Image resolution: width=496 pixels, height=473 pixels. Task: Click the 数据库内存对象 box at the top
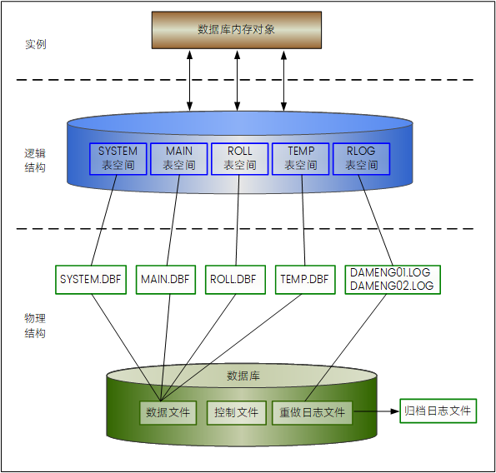click(236, 30)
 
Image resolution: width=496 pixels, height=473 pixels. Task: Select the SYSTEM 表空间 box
click(118, 158)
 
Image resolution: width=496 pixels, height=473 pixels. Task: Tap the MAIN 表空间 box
click(178, 158)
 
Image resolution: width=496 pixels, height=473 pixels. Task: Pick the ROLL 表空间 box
click(239, 158)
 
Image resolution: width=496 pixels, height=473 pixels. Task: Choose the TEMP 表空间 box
click(300, 158)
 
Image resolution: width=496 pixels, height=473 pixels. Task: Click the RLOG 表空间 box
click(361, 158)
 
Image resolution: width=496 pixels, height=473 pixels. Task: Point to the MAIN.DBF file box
click(165, 280)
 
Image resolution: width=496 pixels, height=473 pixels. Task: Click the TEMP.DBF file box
click(303, 280)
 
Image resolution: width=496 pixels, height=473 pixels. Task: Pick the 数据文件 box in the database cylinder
click(168, 412)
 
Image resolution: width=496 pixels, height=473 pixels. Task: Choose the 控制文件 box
click(236, 412)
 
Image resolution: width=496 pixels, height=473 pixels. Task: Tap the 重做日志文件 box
click(312, 412)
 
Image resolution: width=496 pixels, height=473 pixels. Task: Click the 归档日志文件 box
click(438, 411)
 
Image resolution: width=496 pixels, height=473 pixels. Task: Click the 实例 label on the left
click(35, 43)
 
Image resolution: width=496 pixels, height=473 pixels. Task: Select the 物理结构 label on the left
click(35, 326)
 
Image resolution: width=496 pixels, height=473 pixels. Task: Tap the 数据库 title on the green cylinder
click(243, 376)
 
